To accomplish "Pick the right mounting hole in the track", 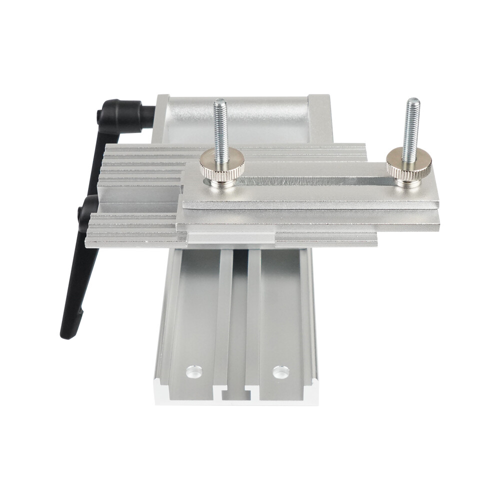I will coord(280,371).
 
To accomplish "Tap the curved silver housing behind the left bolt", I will coord(240,120).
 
